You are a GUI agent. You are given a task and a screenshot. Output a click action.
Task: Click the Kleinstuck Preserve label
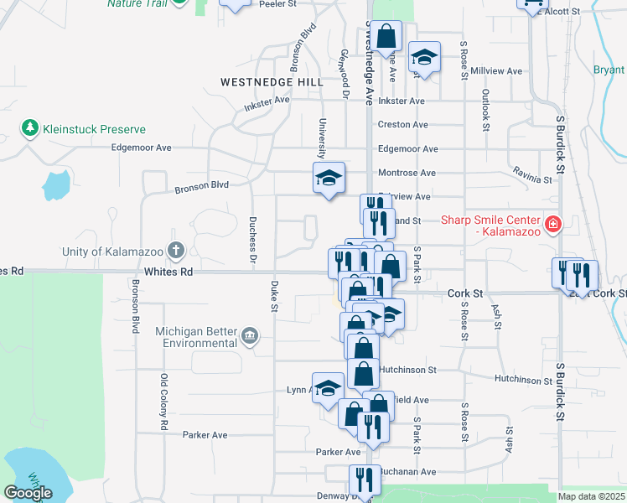point(95,129)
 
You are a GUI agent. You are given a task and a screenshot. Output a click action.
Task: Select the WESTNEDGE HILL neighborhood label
point(271,82)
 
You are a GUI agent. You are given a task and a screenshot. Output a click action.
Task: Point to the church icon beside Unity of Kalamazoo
point(176,250)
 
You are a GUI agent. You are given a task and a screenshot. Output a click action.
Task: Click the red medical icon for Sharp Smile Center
point(552,224)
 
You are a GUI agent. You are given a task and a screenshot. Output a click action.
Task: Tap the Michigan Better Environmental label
point(197,337)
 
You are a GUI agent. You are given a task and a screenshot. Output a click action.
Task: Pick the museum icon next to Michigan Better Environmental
point(250,337)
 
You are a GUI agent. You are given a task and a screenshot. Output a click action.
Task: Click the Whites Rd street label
point(168,272)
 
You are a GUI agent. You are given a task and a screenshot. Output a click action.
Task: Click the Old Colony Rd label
point(164,402)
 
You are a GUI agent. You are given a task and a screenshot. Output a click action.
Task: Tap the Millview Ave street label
point(496,71)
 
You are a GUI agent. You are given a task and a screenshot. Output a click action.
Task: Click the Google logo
point(28,493)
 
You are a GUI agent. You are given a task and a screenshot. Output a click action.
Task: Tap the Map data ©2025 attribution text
point(592,496)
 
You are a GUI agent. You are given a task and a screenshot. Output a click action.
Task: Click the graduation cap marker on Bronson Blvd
point(329,177)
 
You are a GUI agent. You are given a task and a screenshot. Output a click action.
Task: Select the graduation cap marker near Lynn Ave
point(328,387)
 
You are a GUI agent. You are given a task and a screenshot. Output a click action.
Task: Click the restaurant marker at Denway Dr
point(365,480)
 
